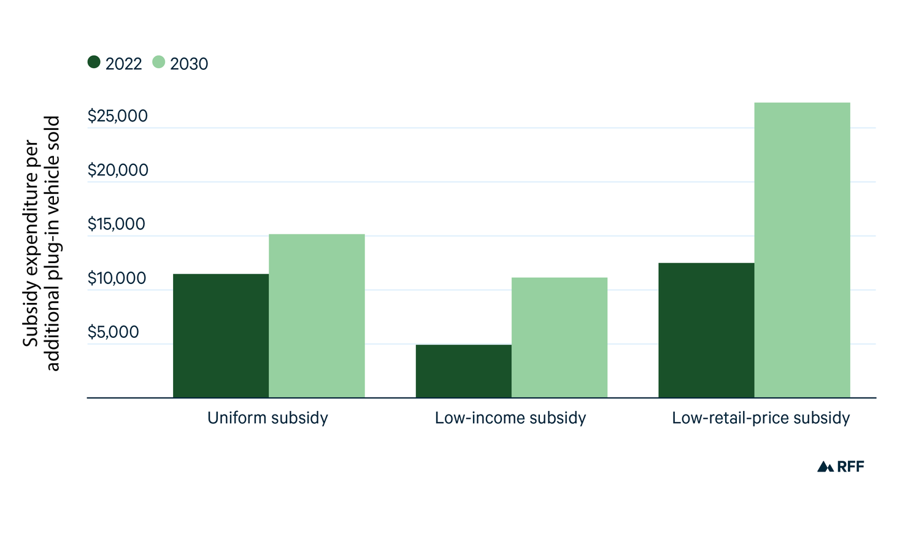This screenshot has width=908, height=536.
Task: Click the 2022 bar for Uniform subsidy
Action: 221,335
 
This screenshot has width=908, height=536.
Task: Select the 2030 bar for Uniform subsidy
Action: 317,316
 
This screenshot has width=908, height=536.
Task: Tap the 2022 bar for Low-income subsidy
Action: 463,371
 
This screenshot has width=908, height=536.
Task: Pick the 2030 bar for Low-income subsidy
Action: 559,337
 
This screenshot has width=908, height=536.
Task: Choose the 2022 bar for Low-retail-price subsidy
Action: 706,330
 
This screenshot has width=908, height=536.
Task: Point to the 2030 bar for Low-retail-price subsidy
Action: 802,250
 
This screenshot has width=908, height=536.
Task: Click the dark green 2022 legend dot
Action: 94,62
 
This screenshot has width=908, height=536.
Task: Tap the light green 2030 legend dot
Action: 159,62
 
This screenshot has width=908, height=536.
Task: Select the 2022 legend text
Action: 123,64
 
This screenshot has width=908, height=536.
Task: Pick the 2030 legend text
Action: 189,64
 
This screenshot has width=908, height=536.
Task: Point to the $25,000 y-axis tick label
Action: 118,116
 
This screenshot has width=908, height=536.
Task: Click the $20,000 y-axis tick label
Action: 118,170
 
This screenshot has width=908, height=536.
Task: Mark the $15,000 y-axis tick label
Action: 117,224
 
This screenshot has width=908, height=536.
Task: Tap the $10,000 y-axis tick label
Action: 117,278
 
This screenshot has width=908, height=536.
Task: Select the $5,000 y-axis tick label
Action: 113,332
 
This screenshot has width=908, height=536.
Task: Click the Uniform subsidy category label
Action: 267,418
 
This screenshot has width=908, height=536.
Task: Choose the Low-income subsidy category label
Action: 510,418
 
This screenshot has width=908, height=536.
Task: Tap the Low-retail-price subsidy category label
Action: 761,418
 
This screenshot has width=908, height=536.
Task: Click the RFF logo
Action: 841,467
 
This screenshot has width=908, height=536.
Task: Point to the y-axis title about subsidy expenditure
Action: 41,243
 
